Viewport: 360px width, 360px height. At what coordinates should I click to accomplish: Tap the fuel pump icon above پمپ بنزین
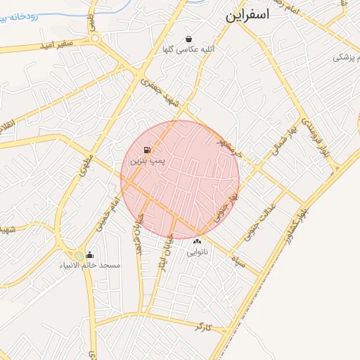click(147, 150)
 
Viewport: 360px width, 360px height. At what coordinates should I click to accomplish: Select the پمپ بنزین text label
click(147, 161)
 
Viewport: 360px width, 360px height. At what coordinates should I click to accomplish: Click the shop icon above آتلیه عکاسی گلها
click(188, 39)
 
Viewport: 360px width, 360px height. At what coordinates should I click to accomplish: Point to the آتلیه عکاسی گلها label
click(188, 50)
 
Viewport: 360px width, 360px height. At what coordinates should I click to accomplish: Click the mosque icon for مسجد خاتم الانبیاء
click(89, 255)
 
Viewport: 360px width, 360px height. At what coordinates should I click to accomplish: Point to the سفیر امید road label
click(56, 45)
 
